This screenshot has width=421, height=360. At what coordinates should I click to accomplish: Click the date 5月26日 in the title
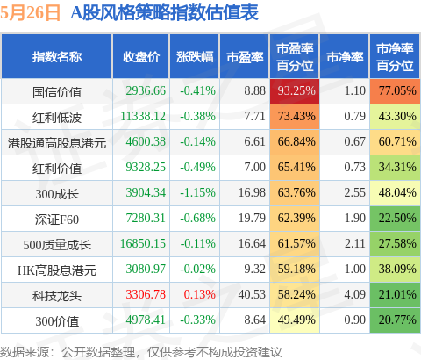30,12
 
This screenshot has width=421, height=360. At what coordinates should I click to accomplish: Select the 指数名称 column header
57,57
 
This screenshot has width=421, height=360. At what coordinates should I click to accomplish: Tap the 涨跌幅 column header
195,57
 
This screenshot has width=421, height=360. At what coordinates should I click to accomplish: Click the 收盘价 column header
141,57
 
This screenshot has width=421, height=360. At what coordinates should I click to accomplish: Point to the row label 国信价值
57,92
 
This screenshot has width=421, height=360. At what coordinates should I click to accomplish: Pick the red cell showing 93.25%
295,91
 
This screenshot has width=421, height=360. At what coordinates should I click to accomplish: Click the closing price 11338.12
143,116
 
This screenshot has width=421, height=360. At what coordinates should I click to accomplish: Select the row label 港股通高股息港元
57,143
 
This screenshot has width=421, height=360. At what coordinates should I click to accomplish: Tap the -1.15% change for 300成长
197,192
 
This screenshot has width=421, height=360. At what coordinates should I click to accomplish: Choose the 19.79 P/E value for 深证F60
252,218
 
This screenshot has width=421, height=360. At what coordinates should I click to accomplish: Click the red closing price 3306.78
146,294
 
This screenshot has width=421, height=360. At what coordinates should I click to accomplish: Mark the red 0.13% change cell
200,294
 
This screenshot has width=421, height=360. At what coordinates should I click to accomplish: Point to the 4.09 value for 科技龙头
355,294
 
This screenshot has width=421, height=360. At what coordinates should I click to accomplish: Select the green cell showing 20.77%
395,320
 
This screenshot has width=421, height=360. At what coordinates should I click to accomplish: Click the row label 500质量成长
57,245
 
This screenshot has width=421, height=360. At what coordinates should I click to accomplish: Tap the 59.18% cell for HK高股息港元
295,270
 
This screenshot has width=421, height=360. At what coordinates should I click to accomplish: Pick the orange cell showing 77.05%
395,91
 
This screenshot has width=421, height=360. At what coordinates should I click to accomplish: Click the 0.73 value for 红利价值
355,167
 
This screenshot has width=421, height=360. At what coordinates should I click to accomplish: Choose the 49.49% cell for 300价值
295,320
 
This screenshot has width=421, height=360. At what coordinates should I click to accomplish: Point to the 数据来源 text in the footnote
25,352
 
